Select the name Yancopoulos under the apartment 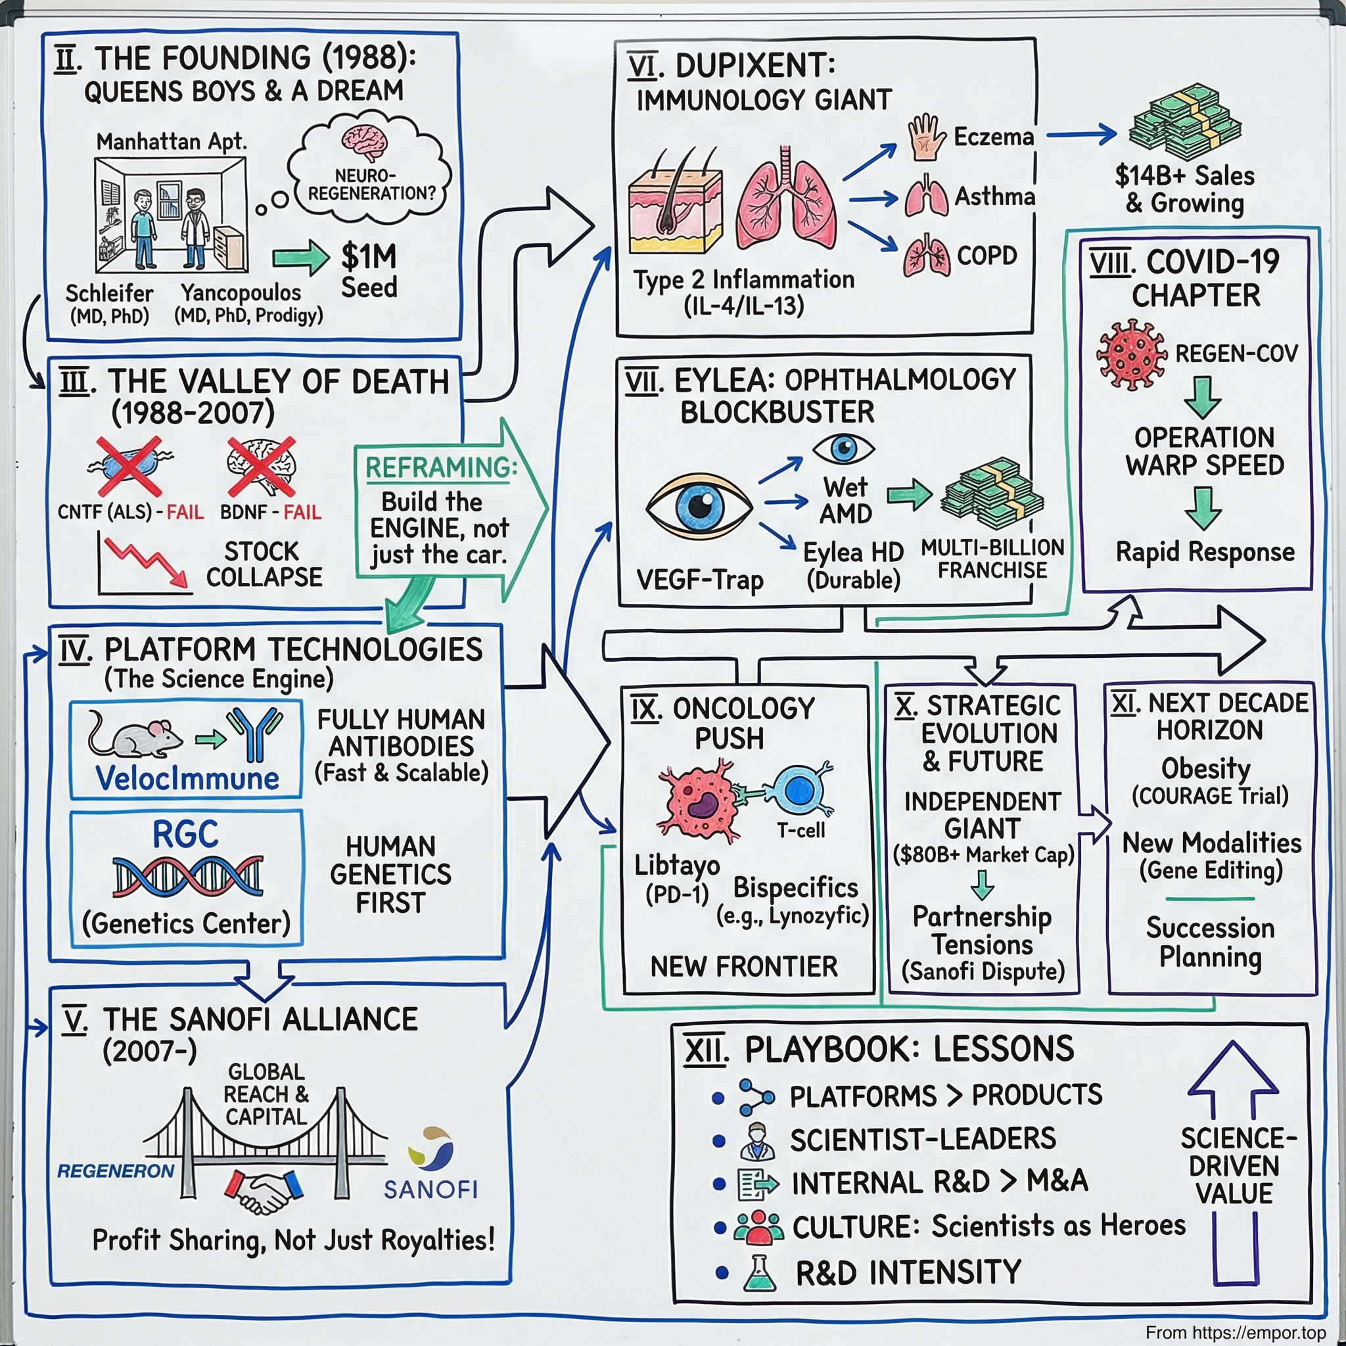[241, 292]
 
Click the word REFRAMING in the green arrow [440, 467]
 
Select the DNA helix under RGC [187, 875]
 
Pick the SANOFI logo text [430, 1189]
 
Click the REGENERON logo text [116, 1171]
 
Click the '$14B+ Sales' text [1184, 175]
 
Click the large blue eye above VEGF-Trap [699, 507]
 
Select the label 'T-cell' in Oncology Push [801, 831]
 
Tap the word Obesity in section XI [1206, 768]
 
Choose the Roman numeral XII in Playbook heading [705, 1050]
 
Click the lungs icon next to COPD [926, 258]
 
